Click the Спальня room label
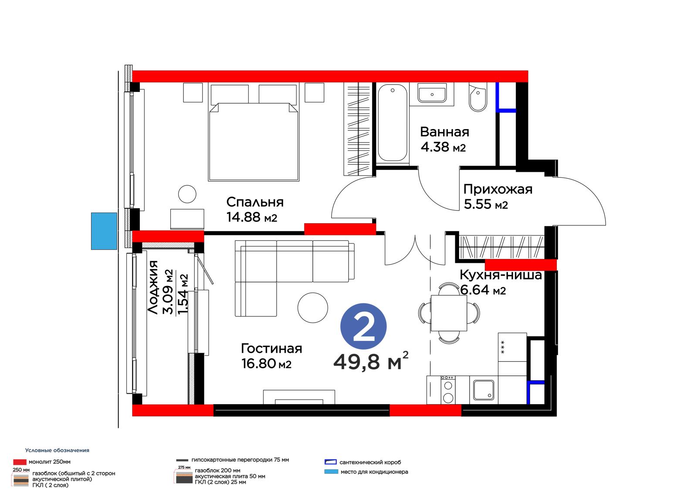point(255,202)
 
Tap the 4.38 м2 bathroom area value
point(443,147)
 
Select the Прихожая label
point(497,189)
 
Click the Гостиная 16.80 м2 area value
point(266,364)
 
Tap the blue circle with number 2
point(363,326)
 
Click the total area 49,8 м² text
point(371,361)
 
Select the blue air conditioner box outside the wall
point(104,231)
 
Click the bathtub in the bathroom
point(392,122)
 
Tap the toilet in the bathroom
point(477,97)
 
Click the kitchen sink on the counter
point(484,390)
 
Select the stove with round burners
point(448,390)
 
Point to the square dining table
point(449,313)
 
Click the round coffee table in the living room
point(313,308)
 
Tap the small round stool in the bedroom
point(187,194)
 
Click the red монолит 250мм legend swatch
point(20,462)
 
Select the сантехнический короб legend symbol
point(331,462)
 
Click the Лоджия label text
point(153,287)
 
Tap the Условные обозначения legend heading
point(57,450)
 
